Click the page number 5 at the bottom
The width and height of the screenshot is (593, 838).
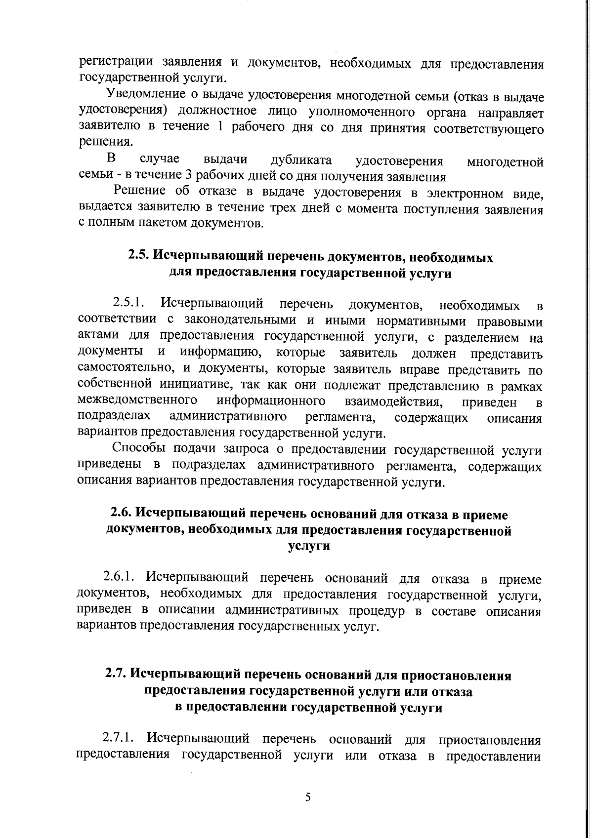(x=307, y=797)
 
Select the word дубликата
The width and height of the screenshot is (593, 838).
(x=301, y=160)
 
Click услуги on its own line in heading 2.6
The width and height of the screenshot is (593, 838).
(x=308, y=546)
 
